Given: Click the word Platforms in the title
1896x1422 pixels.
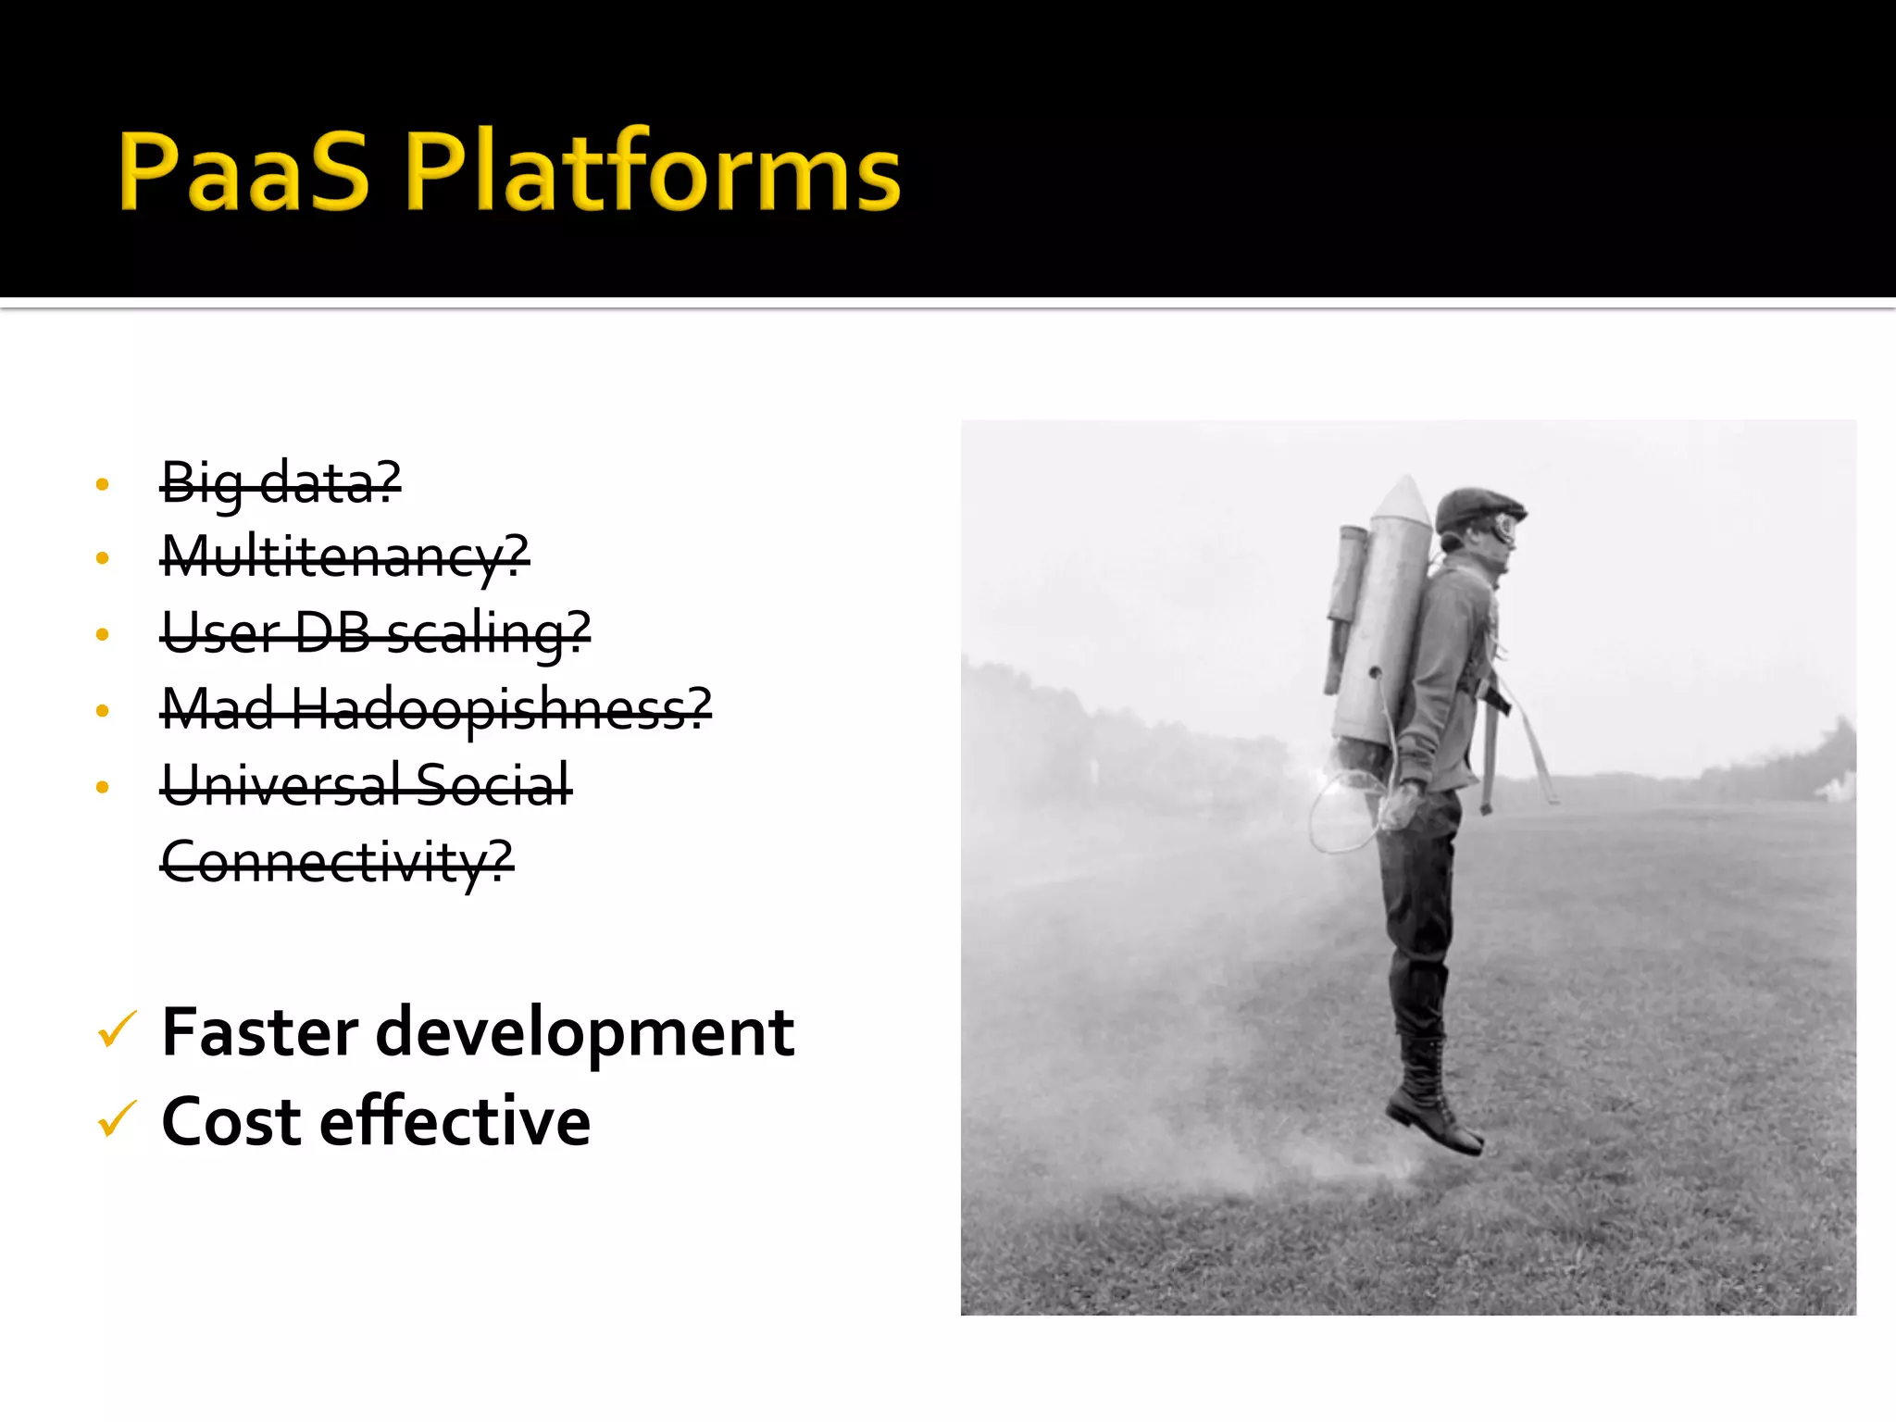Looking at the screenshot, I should point(652,171).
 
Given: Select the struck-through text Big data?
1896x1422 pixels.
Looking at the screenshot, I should point(281,482).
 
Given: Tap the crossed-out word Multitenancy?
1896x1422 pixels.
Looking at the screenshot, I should point(344,557).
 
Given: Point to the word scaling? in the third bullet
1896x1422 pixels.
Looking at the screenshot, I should point(489,633).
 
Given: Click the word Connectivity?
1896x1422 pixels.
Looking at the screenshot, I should point(336,862).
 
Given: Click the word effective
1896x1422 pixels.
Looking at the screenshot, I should point(455,1121).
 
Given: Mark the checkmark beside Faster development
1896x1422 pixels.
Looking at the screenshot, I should point(117,1030).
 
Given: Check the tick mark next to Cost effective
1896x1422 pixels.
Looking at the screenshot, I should point(117,1119).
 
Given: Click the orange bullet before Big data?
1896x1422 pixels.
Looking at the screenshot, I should point(103,484).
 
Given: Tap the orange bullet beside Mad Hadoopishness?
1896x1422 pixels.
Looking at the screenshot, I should point(103,711).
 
